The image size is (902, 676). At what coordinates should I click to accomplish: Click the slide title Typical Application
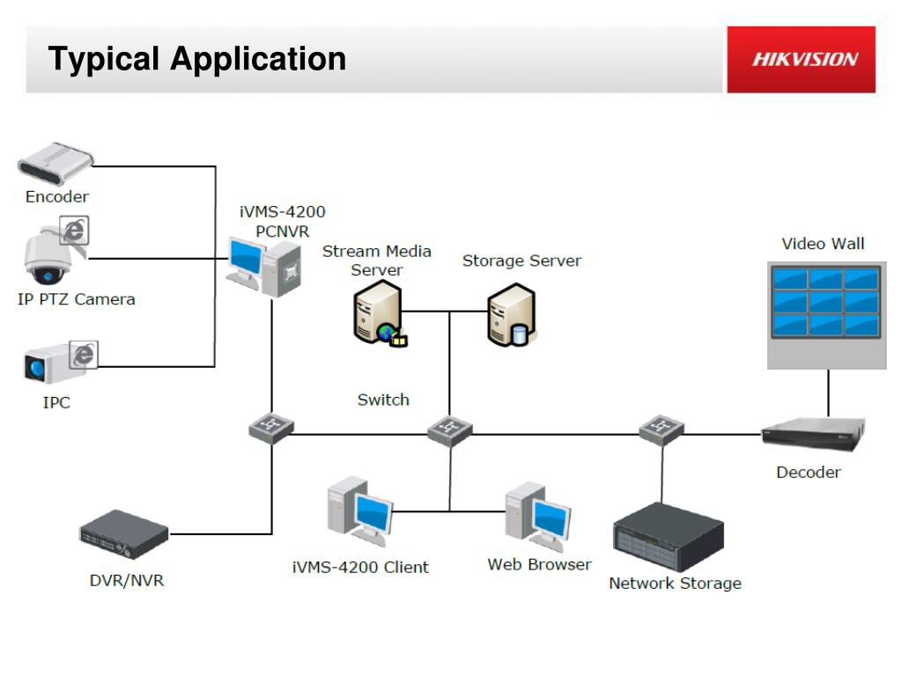[197, 59]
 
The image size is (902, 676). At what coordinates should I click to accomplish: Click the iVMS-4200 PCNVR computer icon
[263, 262]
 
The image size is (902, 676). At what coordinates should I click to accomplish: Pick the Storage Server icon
[512, 314]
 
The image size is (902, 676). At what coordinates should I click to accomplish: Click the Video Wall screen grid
[825, 302]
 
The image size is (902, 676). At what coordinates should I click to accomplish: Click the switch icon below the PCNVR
[270, 429]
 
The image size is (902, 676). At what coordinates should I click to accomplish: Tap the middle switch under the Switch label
[449, 430]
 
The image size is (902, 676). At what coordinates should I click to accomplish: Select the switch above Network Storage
[662, 430]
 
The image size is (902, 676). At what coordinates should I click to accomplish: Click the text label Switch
[383, 400]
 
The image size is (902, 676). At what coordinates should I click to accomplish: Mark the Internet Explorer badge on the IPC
[84, 354]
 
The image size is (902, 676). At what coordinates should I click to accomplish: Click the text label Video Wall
[823, 244]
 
